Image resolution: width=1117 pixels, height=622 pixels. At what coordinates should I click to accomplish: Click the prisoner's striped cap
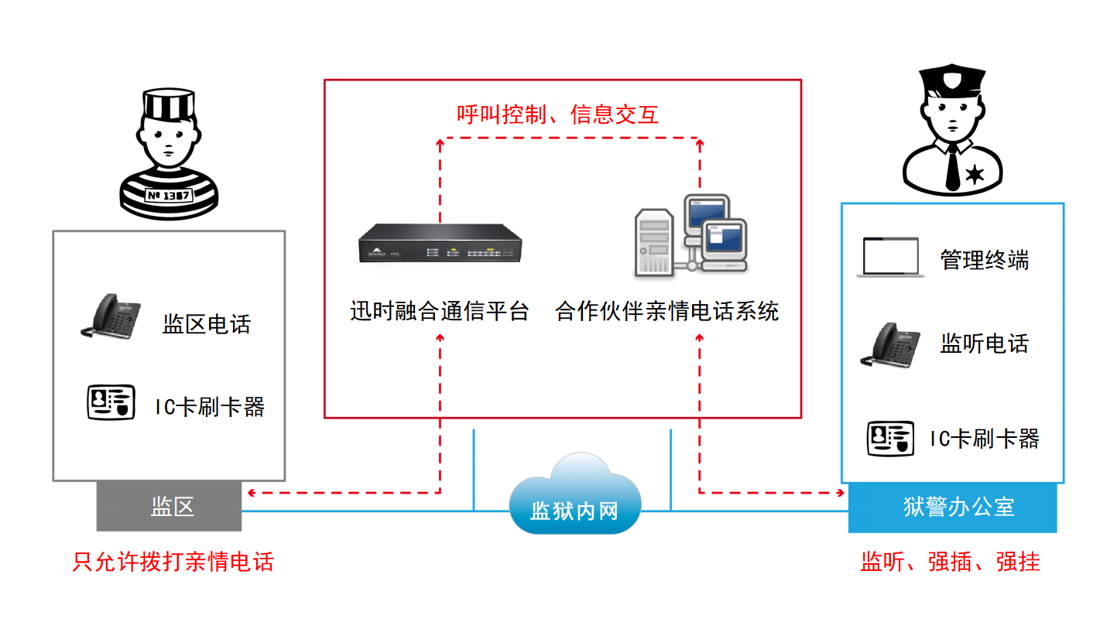(x=168, y=104)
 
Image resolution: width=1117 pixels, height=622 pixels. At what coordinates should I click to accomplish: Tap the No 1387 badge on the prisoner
(x=168, y=195)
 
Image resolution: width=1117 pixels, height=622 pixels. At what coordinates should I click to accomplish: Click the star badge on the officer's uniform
(x=975, y=175)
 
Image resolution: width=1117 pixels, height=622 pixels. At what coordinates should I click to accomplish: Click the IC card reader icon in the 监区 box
(x=111, y=402)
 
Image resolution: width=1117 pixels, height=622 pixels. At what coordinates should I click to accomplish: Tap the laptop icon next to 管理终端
(x=890, y=258)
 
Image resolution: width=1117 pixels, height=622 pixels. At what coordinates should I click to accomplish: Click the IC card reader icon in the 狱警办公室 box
(x=890, y=438)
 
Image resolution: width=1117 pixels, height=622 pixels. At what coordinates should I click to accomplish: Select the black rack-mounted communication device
(x=440, y=244)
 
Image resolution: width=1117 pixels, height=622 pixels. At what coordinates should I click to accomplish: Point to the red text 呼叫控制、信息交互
(x=557, y=115)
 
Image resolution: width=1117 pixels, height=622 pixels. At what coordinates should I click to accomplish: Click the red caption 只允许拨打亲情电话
(x=173, y=562)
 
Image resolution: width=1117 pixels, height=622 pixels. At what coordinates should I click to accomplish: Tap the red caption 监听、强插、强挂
(x=951, y=562)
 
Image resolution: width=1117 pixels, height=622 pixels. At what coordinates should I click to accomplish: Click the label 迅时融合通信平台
(x=439, y=311)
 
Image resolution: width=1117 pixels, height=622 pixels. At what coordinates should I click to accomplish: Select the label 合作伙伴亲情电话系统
(x=666, y=311)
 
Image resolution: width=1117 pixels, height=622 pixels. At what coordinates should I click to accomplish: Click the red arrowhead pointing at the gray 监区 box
(x=249, y=492)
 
